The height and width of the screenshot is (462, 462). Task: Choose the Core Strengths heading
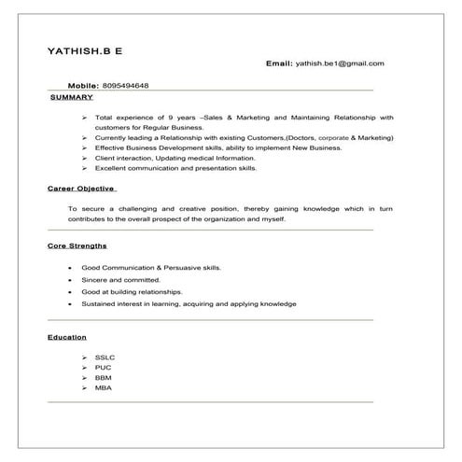pyautogui.click(x=77, y=246)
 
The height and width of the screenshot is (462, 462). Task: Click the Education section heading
pyautogui.click(x=67, y=336)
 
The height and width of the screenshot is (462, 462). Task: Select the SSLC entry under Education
pyautogui.click(x=105, y=357)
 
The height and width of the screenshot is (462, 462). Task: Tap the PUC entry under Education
pyautogui.click(x=103, y=368)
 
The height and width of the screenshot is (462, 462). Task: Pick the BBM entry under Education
pyautogui.click(x=103, y=378)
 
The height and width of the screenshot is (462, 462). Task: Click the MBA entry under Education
pyautogui.click(x=103, y=387)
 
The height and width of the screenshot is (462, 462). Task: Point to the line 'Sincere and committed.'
pyautogui.click(x=121, y=279)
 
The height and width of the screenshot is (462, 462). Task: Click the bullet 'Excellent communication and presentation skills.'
pyautogui.click(x=175, y=169)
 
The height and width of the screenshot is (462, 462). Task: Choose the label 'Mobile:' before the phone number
pyautogui.click(x=83, y=85)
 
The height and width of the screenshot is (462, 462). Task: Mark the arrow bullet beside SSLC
pyautogui.click(x=84, y=357)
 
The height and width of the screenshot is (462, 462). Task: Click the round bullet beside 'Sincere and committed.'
pyautogui.click(x=70, y=279)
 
